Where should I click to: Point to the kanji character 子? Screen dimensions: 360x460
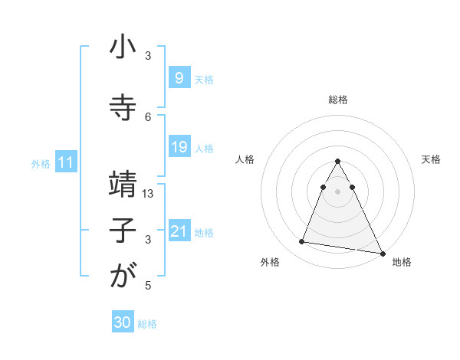123,232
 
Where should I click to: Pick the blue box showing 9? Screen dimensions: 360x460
179,78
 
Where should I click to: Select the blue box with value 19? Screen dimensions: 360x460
179,147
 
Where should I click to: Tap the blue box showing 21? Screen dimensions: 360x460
179,231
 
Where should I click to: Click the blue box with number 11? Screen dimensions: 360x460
65,162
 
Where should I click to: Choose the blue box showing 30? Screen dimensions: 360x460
123,323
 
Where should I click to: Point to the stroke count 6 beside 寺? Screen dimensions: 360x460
148,116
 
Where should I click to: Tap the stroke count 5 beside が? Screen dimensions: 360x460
148,286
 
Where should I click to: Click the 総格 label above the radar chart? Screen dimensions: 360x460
338,100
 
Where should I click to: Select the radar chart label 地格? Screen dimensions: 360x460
402,262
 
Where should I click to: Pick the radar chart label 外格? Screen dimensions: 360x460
270,262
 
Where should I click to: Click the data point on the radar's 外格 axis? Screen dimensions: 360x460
301,242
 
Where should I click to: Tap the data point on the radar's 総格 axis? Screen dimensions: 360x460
337,162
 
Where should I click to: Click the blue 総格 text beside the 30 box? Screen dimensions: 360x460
147,324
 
